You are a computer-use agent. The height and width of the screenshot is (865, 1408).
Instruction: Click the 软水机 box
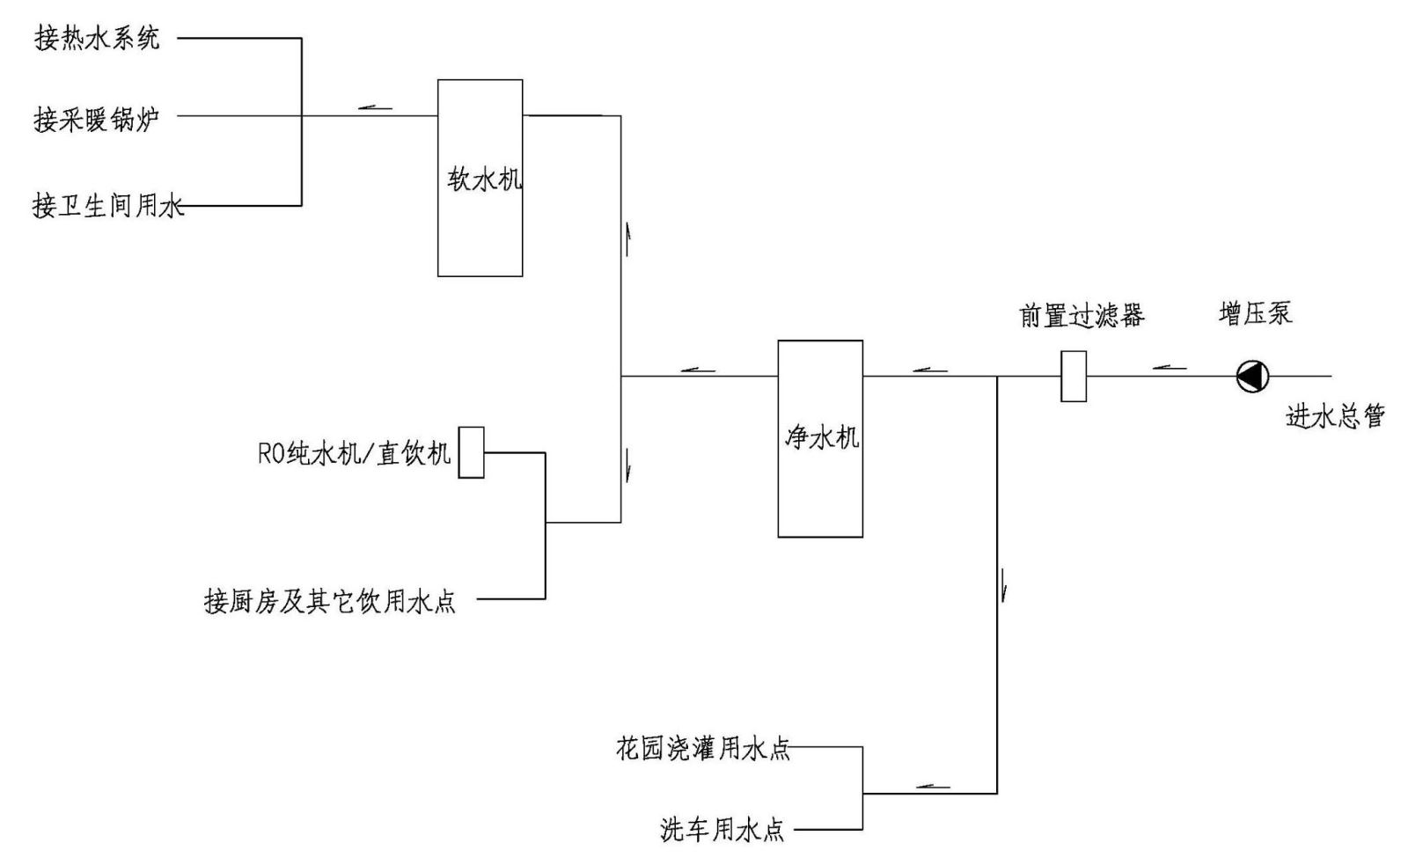point(480,178)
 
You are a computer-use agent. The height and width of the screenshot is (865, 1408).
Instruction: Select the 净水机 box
point(819,438)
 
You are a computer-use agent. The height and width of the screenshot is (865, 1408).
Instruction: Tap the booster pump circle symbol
point(1251,377)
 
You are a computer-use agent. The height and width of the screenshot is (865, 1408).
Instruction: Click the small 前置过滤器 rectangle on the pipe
point(1073,377)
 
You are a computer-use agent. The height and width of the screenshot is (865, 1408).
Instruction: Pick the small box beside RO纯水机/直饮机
point(472,452)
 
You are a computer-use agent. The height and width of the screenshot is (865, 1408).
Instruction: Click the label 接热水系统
point(98,39)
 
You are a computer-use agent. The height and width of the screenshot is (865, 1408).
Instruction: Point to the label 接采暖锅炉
point(97,118)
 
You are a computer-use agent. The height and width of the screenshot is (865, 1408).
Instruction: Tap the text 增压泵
point(1255,313)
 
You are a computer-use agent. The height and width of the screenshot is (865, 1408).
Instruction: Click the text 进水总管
point(1335,415)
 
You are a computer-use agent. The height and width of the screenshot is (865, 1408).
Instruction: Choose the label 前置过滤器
point(1082,315)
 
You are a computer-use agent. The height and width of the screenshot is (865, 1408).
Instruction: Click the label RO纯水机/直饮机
point(354,453)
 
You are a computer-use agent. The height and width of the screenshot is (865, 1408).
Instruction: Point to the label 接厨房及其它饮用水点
point(330,602)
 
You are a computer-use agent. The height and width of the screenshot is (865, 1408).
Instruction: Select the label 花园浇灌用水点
point(702,749)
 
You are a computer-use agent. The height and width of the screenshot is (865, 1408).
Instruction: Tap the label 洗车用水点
point(722,830)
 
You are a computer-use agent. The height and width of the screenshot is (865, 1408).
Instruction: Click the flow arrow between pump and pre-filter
point(1169,368)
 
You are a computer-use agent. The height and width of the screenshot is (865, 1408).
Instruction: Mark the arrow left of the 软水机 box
point(375,108)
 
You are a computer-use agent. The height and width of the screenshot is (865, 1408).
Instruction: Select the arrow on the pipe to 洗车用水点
point(933,786)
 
